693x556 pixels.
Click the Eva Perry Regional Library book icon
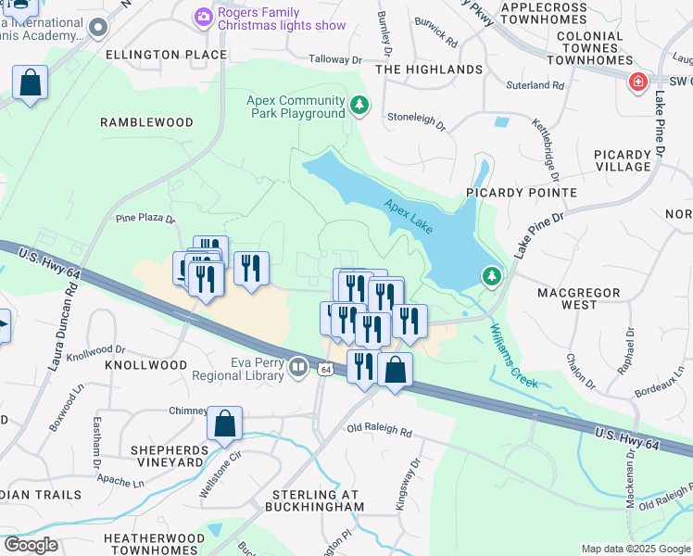pyautogui.click(x=298, y=369)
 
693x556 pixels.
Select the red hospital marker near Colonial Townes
pyautogui.click(x=637, y=83)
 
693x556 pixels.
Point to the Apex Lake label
pyautogui.click(x=409, y=206)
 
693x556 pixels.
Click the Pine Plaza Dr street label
pyautogui.click(x=145, y=219)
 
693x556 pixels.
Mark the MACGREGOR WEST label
pyautogui.click(x=579, y=298)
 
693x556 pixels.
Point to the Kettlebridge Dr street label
pyautogui.click(x=547, y=148)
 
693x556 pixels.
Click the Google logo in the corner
pyautogui.click(x=30, y=545)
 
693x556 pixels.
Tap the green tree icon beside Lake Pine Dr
pyautogui.click(x=490, y=275)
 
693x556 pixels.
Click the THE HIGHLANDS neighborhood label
pyautogui.click(x=429, y=69)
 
